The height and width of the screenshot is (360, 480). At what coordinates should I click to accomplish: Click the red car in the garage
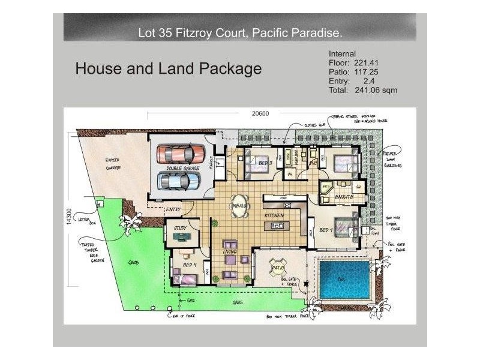(178, 154)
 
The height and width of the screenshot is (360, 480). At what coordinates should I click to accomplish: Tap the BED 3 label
(266, 163)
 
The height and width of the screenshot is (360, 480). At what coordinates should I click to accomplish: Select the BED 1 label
(326, 230)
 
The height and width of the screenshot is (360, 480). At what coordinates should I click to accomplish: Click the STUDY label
(181, 228)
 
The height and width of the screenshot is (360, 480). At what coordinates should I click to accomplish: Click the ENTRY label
(173, 209)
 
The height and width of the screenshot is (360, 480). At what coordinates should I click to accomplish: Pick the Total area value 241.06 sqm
(373, 90)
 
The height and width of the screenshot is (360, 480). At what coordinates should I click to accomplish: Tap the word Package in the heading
(229, 69)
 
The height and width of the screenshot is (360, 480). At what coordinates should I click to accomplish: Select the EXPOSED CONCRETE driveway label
(112, 164)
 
